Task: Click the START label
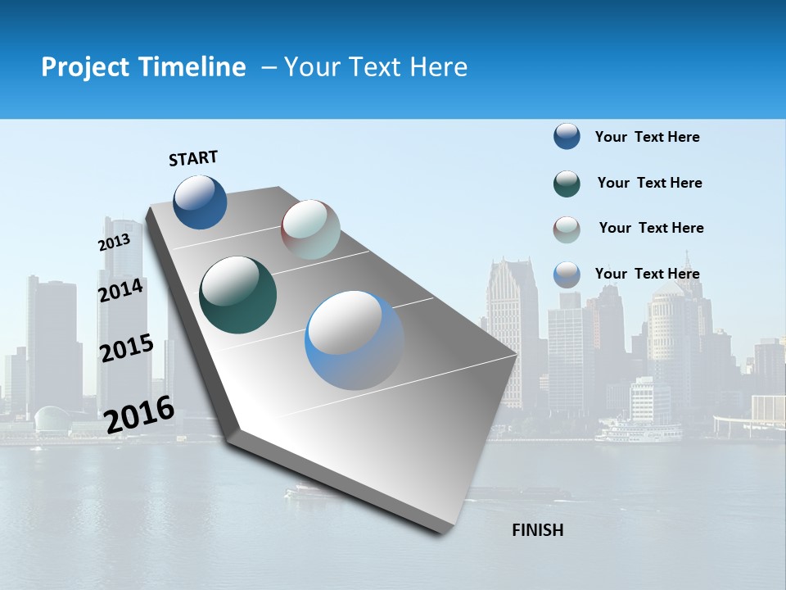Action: (193, 158)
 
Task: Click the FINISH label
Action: (537, 530)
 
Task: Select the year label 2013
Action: (114, 243)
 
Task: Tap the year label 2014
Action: (121, 291)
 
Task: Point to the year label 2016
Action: (140, 414)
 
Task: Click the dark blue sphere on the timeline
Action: (201, 202)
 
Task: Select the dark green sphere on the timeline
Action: (237, 295)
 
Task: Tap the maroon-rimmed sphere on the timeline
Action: (310, 229)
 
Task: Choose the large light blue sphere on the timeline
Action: (355, 340)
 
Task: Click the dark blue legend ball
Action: (567, 136)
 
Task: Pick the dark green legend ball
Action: (567, 184)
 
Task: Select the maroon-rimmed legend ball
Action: (567, 229)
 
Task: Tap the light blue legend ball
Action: (567, 275)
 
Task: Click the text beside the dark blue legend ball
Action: (647, 137)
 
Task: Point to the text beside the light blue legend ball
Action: (647, 274)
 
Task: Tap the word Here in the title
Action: (438, 67)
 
